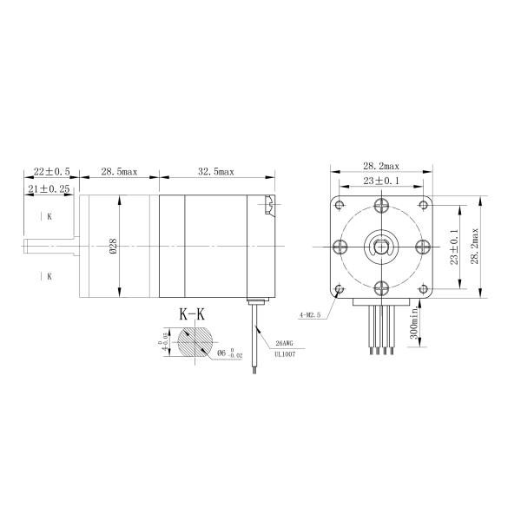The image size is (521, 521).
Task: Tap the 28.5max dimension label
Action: pos(119,173)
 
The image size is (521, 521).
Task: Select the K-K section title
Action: pos(191,314)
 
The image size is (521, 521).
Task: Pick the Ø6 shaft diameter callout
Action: pos(231,353)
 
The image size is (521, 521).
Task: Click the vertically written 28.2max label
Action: pos(475,247)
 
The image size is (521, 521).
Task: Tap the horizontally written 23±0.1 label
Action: pos(381,181)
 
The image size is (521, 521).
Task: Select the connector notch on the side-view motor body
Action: pos(269,206)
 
